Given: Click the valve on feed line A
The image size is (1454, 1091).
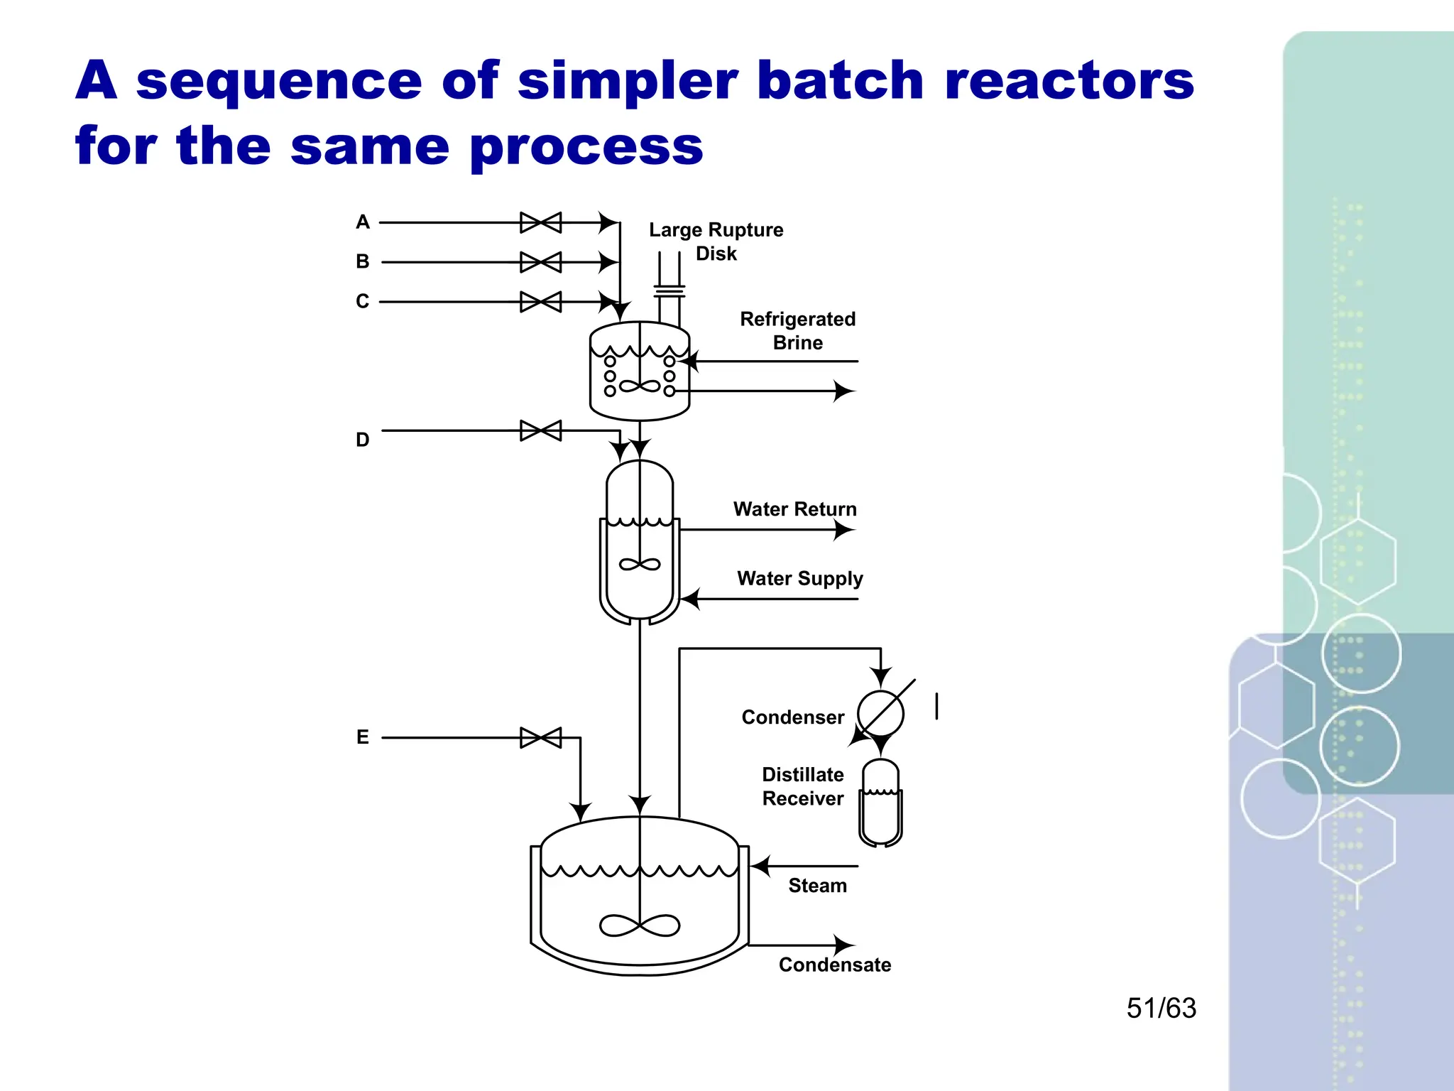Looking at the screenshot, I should coord(540,222).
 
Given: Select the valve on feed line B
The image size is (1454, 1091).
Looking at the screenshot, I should coord(540,262).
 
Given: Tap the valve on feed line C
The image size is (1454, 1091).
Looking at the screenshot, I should coord(540,302).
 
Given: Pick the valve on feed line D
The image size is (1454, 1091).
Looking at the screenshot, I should coord(540,430).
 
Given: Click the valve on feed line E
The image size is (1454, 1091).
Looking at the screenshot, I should coord(540,737).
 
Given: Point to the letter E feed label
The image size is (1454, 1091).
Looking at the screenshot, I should coord(362,737).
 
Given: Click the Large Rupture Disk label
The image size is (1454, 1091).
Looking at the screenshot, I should coord(716,241).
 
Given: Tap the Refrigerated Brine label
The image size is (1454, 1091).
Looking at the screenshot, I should coord(797,331).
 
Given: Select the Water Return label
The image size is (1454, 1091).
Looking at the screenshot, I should coord(794,509).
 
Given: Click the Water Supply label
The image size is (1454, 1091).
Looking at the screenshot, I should coord(799,578).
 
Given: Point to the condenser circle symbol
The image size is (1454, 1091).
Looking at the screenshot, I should coord(880,713).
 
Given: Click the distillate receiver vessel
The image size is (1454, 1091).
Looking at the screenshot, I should coord(880,803).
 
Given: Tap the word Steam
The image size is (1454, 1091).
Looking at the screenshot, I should coord(817,886).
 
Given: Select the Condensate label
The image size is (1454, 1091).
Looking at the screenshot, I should coord(834,965).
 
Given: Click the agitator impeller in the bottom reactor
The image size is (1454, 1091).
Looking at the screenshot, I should coord(640,925).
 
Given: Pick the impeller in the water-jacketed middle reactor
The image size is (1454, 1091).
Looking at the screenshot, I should coord(640,565).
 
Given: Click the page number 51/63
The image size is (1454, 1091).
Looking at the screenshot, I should coord(1161,1008).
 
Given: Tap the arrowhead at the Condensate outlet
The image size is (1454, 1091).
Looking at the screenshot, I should coord(843,945).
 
